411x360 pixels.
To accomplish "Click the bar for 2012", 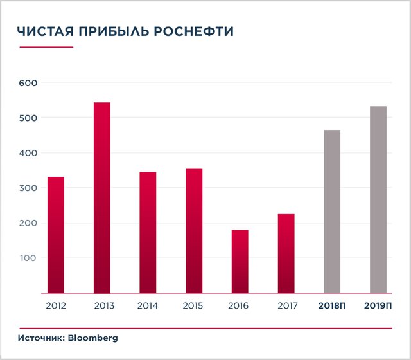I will pyautogui.click(x=56, y=235).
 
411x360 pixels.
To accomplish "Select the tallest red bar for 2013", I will pyautogui.click(x=102, y=197).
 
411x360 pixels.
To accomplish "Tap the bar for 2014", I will pyautogui.click(x=148, y=232).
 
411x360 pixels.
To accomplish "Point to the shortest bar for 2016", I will pyautogui.click(x=240, y=261).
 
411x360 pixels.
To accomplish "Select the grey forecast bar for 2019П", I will pyautogui.click(x=378, y=199).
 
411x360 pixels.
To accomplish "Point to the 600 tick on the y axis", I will pyautogui.click(x=29, y=83).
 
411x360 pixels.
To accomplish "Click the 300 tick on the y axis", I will pyautogui.click(x=29, y=188).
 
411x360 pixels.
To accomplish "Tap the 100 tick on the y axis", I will pyautogui.click(x=29, y=258).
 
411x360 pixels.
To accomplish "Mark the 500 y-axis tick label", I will pyautogui.click(x=29, y=118).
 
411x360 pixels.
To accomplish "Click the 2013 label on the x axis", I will pyautogui.click(x=102, y=305).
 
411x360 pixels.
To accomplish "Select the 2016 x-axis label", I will pyautogui.click(x=240, y=305).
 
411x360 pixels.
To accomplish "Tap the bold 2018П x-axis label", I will pyautogui.click(x=332, y=305).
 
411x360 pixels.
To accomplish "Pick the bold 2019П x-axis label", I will pyautogui.click(x=378, y=305).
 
